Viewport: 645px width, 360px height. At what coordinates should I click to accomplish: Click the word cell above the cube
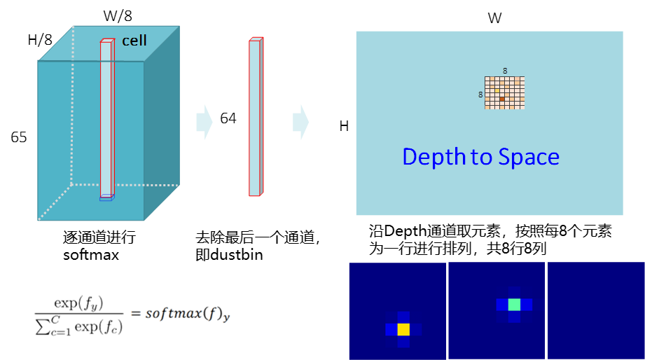pos(134,41)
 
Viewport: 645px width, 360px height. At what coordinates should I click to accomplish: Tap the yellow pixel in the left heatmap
pos(403,329)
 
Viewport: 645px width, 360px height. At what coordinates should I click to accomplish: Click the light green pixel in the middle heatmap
pos(514,305)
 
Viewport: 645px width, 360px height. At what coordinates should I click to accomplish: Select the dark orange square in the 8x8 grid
pos(501,99)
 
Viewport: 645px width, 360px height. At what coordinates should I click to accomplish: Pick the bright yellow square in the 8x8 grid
pos(497,90)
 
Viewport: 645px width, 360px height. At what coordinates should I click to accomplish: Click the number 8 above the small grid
pos(505,71)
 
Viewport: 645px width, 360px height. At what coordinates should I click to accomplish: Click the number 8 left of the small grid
pos(480,95)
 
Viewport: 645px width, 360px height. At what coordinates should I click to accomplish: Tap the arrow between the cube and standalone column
pos(204,122)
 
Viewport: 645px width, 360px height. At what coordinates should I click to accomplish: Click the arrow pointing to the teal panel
pos(300,122)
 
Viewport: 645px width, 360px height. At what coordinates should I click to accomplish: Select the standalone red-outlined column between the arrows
pos(255,117)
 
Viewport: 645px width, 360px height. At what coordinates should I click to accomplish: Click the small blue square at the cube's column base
pos(106,199)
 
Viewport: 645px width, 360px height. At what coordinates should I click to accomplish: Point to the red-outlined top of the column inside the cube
pos(107,41)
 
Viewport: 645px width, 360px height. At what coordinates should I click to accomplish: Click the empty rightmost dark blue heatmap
pos(595,311)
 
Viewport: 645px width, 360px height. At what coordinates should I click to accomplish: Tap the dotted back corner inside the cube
pos(71,185)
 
